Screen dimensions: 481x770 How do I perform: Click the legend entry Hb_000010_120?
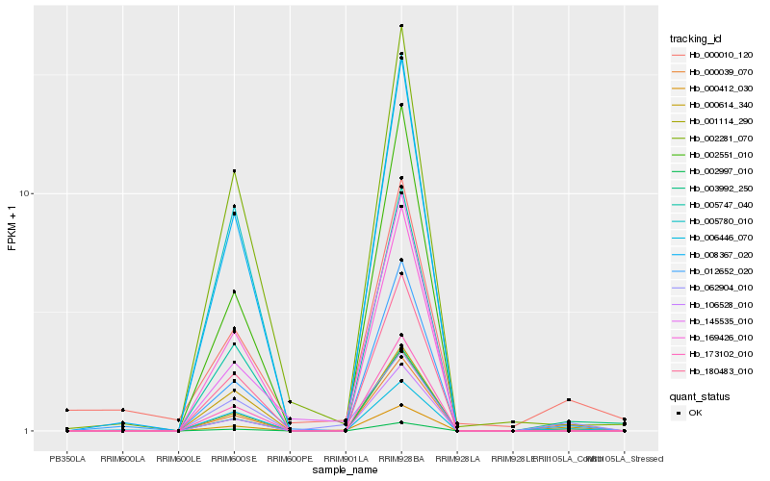[713, 55]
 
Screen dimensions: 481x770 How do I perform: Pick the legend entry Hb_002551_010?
[713, 155]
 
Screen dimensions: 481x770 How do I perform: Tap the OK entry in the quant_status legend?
[695, 412]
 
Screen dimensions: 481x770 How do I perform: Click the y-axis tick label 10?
[27, 193]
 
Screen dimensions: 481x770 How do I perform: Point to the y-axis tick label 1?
[30, 431]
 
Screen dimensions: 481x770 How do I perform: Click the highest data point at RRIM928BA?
[401, 26]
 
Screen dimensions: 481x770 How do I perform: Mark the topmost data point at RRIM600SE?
[234, 171]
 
